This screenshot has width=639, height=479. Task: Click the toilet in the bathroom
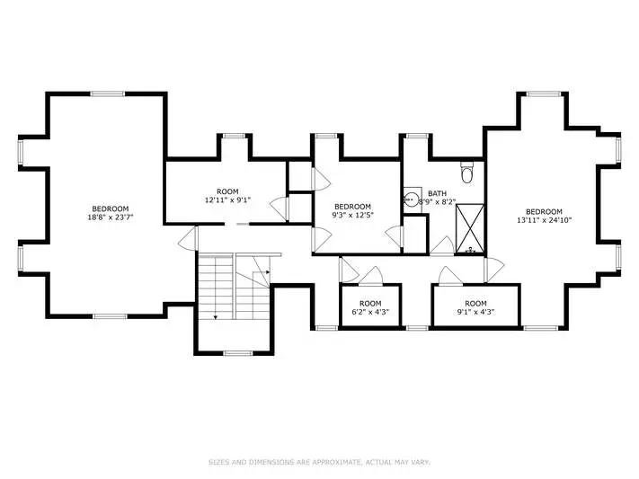(466, 173)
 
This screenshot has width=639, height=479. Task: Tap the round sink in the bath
(413, 200)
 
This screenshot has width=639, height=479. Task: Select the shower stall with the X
(470, 228)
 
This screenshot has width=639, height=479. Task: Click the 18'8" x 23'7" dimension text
(111, 217)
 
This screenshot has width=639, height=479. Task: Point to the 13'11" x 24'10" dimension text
(544, 220)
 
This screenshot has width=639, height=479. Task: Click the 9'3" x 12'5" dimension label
(352, 215)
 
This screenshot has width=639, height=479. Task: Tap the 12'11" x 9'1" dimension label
(227, 200)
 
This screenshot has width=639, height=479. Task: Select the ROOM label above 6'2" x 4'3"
(370, 304)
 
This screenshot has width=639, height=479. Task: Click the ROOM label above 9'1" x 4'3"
(475, 304)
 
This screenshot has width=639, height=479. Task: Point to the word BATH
(437, 193)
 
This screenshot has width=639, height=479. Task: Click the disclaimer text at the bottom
(320, 462)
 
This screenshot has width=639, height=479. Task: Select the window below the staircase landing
(238, 353)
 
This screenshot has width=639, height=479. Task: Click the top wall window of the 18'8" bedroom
(108, 93)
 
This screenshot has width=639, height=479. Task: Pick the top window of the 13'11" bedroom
(543, 93)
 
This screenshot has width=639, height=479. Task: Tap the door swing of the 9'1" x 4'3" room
(450, 276)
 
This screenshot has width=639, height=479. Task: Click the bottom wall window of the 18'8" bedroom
(110, 316)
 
